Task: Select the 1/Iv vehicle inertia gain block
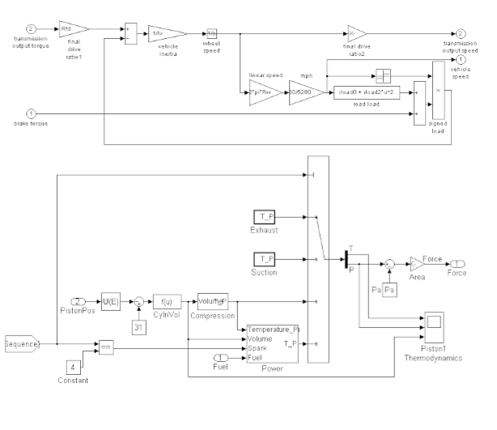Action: (164, 33)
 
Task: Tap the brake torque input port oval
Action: (32, 113)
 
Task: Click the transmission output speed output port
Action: (461, 33)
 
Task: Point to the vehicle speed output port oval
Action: (461, 59)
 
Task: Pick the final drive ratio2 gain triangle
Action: (355, 33)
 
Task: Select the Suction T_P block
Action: (265, 258)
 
